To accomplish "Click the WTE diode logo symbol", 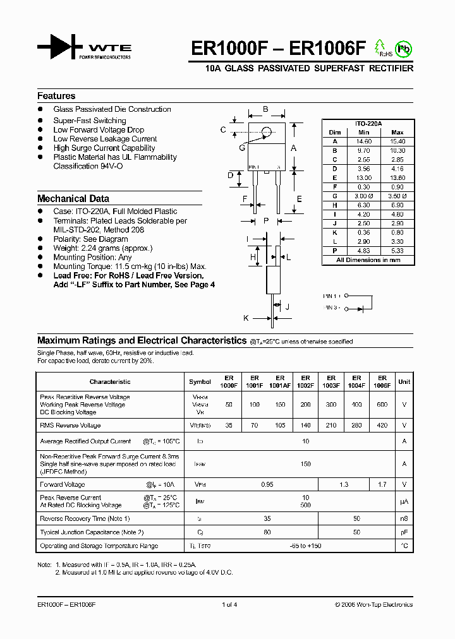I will pos(59,48).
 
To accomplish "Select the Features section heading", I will pos(56,96).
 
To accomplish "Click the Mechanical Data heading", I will pos(73,198).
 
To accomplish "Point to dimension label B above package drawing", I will pos(265,109).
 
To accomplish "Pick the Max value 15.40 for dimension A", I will pos(397,141).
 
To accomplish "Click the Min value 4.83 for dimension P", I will pos(363,251).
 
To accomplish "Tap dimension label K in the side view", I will pos(246,318).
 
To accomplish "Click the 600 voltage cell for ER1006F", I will pos(382,404).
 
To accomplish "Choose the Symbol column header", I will pos(200,381).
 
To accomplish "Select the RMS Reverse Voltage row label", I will pos(70,426).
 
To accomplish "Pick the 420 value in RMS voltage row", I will pos(382,426).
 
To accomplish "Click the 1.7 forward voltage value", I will pos(382,484).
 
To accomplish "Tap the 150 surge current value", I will pos(305,463).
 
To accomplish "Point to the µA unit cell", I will pos(404,501).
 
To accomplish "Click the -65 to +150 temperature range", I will pos(305,546).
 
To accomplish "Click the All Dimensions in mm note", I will pos(368,260).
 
